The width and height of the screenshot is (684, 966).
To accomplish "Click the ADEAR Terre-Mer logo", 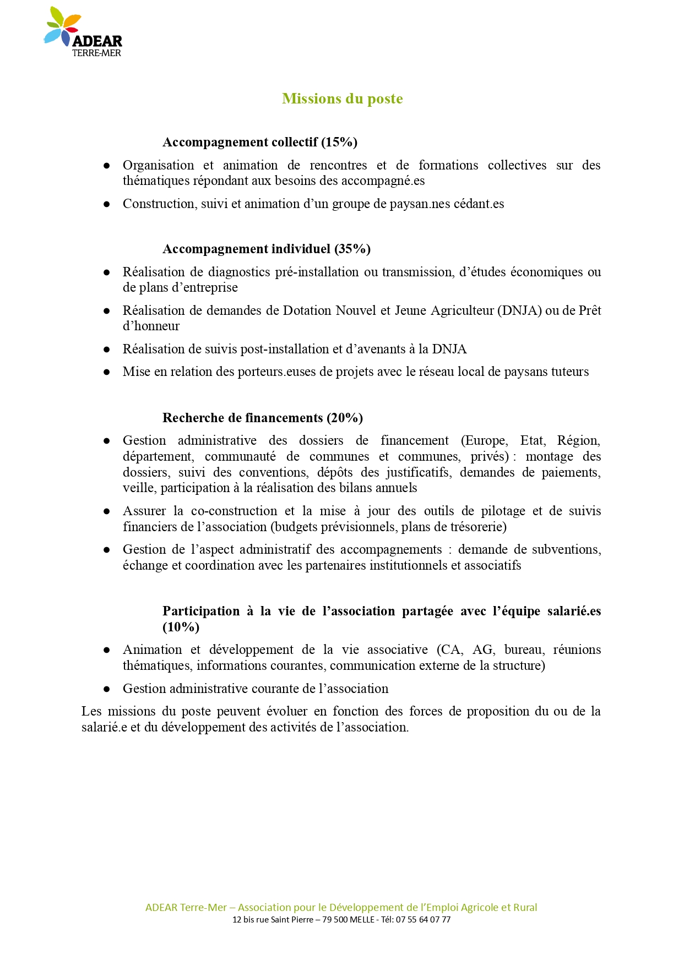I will point(83,32).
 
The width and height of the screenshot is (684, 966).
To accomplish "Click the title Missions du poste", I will point(342,99).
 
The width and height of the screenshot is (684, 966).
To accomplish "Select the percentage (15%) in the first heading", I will point(339,142).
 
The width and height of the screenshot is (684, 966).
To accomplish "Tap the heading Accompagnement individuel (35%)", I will point(266,249).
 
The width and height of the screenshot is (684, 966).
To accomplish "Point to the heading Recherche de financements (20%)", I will point(262,418).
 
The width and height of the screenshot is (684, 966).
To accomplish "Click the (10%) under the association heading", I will point(181,627).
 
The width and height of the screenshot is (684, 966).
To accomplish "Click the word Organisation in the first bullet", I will point(158,165).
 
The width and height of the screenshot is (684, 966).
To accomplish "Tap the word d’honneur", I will point(151,326).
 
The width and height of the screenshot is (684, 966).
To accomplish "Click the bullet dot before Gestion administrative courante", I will point(107,689).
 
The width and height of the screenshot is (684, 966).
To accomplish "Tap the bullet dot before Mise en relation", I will point(107,372).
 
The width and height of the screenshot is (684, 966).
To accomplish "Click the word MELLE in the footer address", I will point(362,920).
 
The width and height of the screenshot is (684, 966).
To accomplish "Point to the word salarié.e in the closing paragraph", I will point(104,727).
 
